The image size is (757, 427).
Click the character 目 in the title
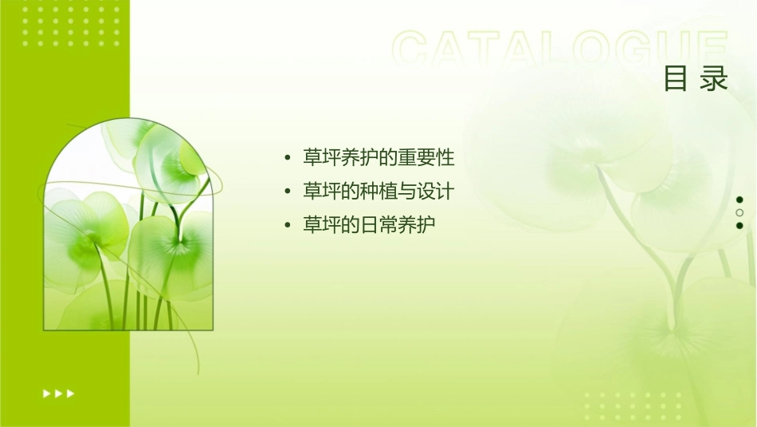(x=675, y=79)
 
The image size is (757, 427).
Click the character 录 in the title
(x=715, y=79)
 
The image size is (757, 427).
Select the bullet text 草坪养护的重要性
(x=378, y=157)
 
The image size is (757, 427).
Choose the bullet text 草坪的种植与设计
(x=378, y=192)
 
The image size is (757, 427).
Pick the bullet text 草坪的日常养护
(x=369, y=225)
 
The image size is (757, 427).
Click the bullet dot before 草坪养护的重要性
(x=287, y=158)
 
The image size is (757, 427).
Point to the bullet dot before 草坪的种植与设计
(x=287, y=192)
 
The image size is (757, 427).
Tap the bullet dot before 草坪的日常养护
(x=287, y=226)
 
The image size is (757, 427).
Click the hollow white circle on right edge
(x=739, y=212)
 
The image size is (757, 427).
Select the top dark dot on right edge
(x=739, y=200)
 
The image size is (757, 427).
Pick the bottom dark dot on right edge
(x=739, y=225)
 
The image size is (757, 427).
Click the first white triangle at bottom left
(x=46, y=393)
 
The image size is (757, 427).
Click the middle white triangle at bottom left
(x=58, y=393)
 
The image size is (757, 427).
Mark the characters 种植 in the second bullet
(x=378, y=192)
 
